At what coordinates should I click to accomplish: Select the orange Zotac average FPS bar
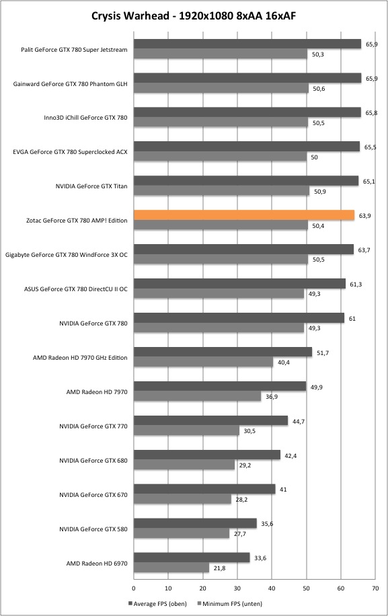[244, 215]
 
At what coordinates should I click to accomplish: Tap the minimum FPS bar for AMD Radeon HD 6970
[171, 568]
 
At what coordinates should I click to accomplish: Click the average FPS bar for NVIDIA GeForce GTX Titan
[246, 181]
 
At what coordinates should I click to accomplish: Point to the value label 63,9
[365, 216]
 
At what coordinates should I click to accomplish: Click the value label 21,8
[219, 568]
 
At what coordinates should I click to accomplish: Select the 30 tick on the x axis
[237, 588]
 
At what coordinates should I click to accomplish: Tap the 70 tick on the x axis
[375, 588]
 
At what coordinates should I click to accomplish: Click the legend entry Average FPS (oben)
[157, 603]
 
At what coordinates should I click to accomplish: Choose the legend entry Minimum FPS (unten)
[230, 603]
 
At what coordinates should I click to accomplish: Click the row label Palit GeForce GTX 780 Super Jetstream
[74, 50]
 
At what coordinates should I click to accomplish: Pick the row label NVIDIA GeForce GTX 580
[93, 529]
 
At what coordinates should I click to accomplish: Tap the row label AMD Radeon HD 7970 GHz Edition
[80, 358]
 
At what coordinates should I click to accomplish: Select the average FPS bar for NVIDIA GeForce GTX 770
[211, 421]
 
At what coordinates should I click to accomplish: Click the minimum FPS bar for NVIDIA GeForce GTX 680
[184, 465]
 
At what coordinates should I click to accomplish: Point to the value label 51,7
[322, 353]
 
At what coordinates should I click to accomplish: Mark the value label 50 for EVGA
[314, 157]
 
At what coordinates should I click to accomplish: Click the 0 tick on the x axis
[134, 588]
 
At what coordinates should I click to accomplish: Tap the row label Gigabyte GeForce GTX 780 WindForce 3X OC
[67, 255]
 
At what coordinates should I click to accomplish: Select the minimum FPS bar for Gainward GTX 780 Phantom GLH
[221, 88]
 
